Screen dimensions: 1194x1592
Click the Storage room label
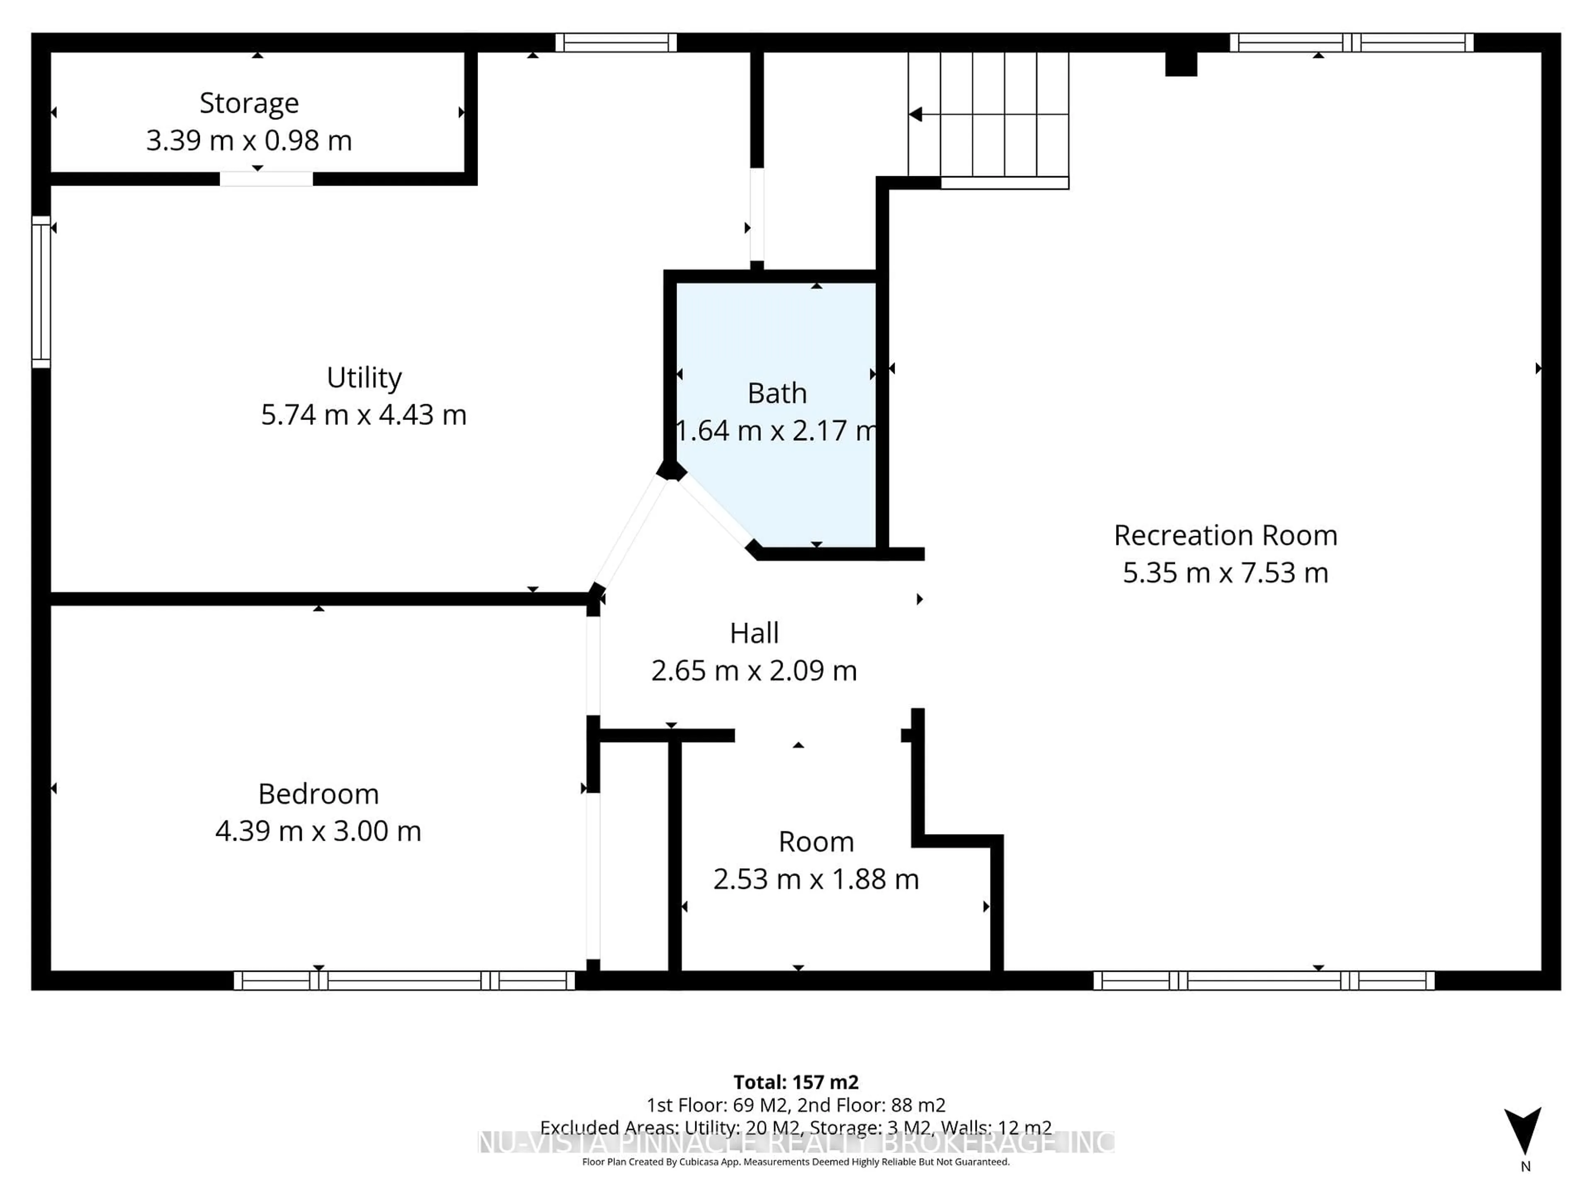click(249, 103)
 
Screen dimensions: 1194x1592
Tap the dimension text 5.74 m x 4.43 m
click(364, 415)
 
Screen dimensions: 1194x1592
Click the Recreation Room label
click(1225, 536)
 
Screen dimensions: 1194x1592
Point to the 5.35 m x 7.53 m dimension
click(1225, 573)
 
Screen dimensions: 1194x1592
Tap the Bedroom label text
click(318, 794)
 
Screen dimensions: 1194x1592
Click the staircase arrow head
click(915, 114)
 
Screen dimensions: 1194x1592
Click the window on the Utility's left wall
click(41, 291)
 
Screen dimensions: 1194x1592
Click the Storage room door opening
click(266, 179)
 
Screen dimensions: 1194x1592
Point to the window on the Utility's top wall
click(616, 42)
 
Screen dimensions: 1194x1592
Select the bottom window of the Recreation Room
click(1263, 980)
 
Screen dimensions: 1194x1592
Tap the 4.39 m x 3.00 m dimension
click(318, 831)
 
